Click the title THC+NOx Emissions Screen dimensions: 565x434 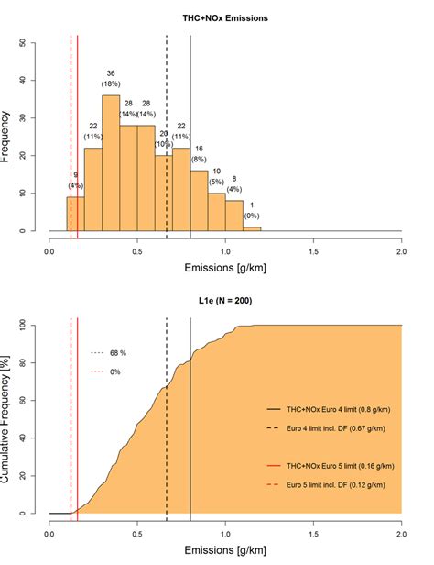click(225, 17)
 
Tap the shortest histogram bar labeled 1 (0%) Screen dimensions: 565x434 click(252, 228)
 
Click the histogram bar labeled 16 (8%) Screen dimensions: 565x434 click(200, 201)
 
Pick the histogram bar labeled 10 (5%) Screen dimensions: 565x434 click(217, 212)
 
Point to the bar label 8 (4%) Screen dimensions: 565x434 click(234, 184)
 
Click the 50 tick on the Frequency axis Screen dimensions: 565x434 click(34, 42)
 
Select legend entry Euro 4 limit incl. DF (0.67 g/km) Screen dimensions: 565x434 click(333, 427)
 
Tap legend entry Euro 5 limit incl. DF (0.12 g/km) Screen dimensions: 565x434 click(335, 485)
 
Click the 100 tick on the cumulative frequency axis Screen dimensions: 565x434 click(34, 325)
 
